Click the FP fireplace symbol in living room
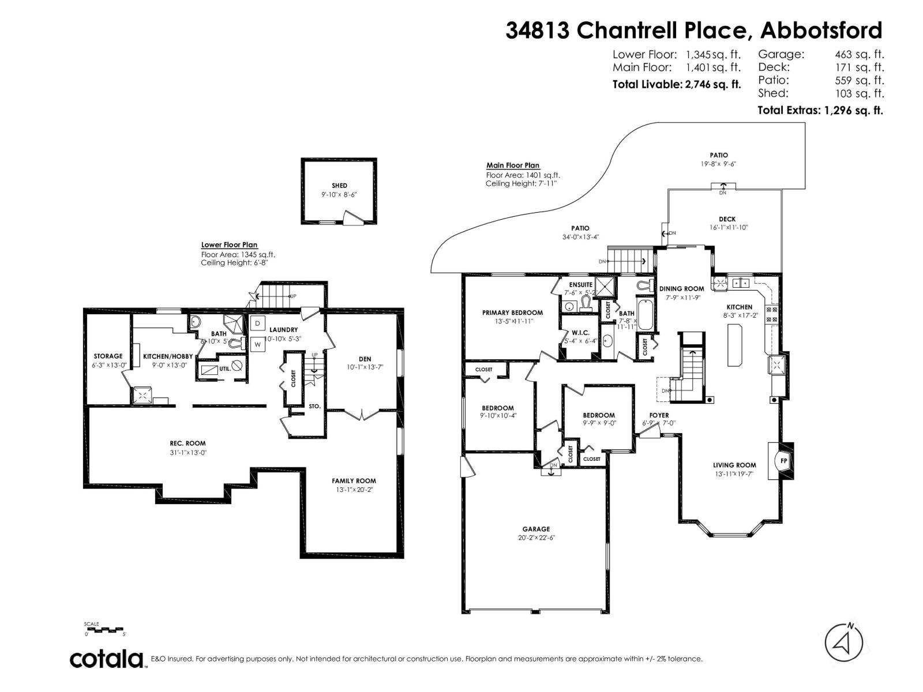[783, 461]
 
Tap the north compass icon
[843, 642]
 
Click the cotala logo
[107, 659]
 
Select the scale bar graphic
[104, 630]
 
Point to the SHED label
[339, 186]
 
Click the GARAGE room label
[536, 529]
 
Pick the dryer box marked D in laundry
[258, 323]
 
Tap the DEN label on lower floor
[365, 359]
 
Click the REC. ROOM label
[187, 443]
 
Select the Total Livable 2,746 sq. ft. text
[676, 85]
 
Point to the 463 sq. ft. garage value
[859, 55]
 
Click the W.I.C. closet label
[579, 332]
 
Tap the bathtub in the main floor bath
[645, 314]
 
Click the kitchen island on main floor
[736, 345]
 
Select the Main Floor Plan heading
[513, 166]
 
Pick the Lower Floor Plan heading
[229, 245]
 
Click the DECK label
[727, 219]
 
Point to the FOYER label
[659, 415]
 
